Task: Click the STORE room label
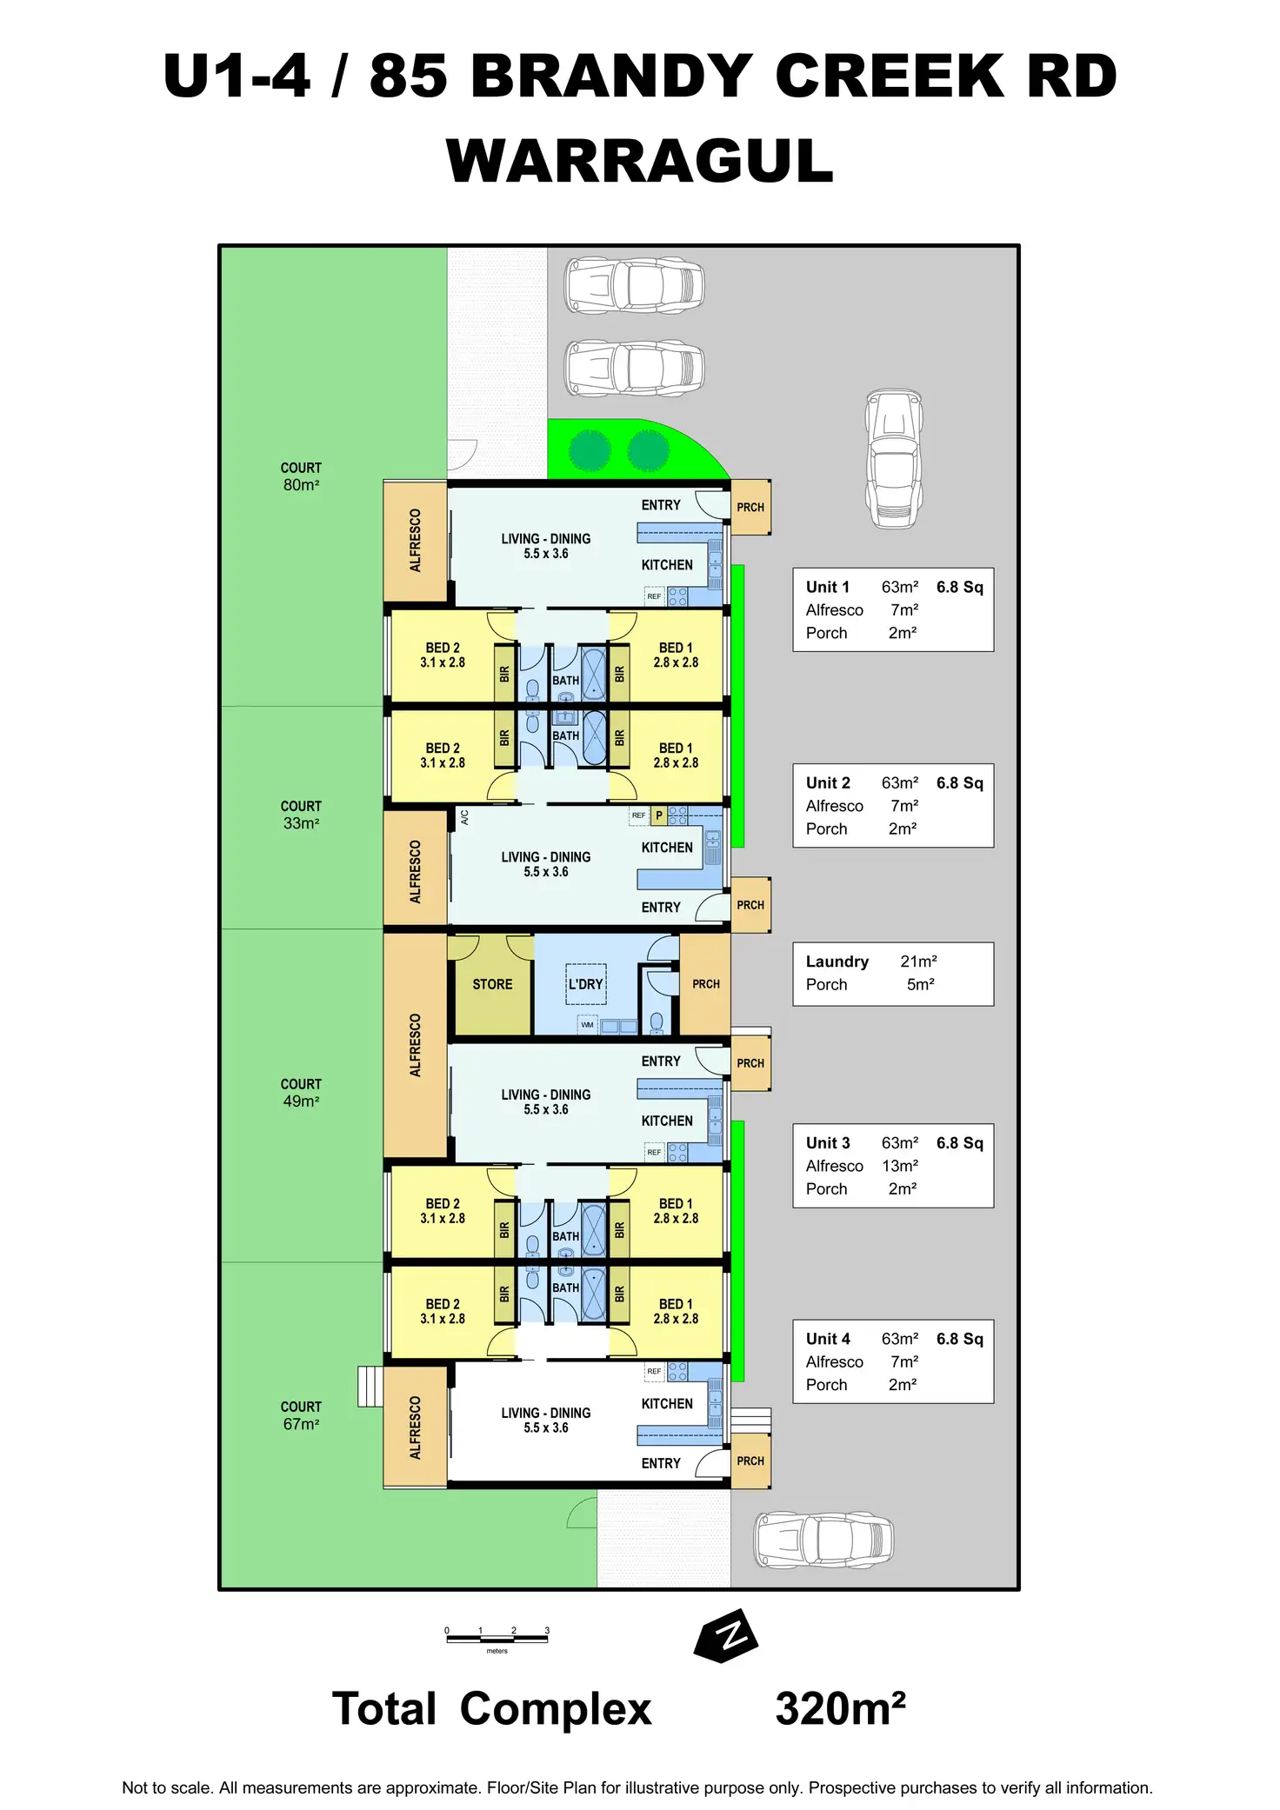(492, 984)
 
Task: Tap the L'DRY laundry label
(585, 984)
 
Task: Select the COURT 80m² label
(301, 476)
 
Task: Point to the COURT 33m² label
(301, 815)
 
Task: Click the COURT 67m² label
(301, 1415)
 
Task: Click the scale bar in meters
(497, 1640)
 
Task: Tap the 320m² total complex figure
(840, 1708)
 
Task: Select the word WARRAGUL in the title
(640, 162)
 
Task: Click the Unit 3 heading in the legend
(828, 1142)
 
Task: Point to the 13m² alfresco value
(900, 1166)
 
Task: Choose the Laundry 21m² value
(918, 962)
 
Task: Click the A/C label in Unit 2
(464, 817)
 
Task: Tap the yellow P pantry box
(659, 815)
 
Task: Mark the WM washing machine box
(588, 1025)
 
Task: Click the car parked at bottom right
(823, 1540)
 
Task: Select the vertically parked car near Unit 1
(894, 459)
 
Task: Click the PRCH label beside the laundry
(706, 984)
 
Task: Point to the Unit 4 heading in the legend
(828, 1339)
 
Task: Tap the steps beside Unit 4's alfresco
(370, 1387)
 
